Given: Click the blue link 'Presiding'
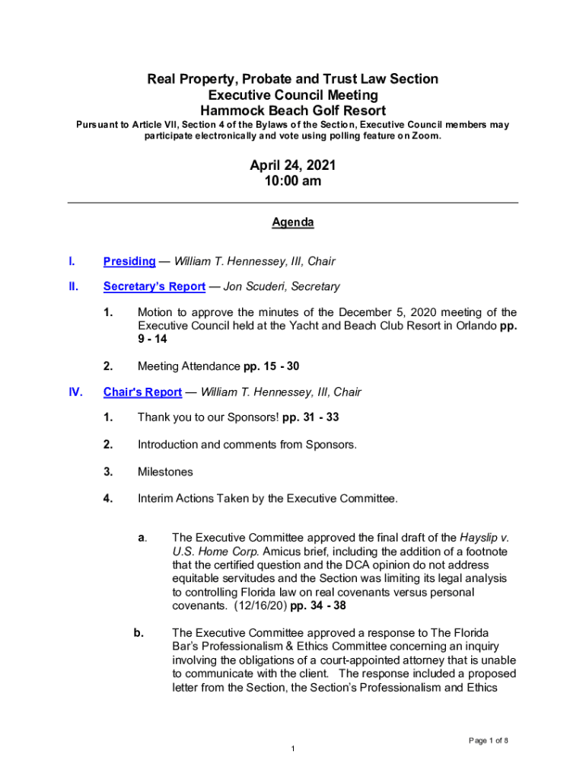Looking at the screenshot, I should point(129,261).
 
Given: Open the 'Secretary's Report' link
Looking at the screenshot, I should point(154,286).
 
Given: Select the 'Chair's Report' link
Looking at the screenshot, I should point(142,392).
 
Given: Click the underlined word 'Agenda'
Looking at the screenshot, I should point(293,222).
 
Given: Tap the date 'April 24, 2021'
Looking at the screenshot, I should point(293,165).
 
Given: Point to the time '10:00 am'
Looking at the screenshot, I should point(293,181).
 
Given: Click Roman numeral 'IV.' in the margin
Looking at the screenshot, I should point(75,392).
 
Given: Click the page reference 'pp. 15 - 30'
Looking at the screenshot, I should point(271,366).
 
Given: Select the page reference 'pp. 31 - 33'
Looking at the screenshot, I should point(310,418).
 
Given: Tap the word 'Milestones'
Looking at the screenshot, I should point(165,472).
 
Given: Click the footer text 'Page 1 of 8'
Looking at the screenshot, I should point(489,740).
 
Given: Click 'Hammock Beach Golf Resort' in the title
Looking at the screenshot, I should point(293,111).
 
